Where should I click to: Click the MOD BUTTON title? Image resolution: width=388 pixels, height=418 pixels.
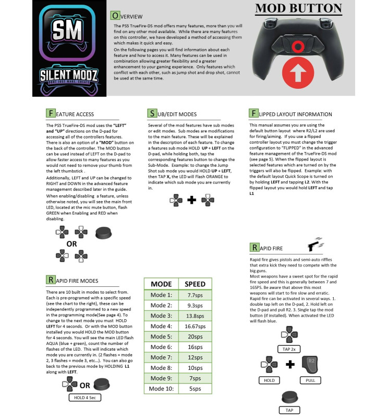[298, 8]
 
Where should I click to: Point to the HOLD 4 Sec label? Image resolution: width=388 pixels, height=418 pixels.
[84, 398]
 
